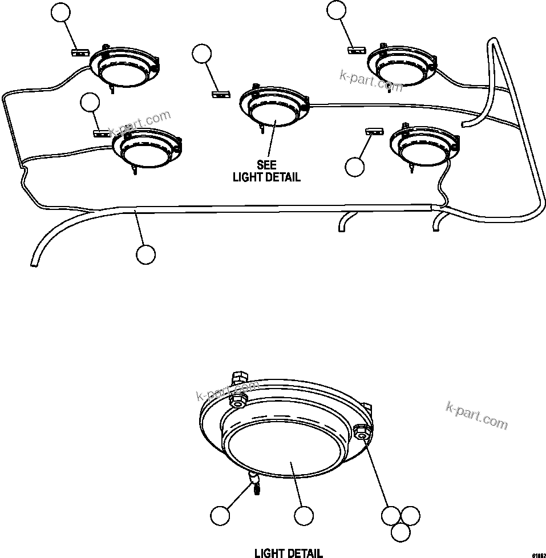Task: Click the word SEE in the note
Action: pyautogui.click(x=266, y=164)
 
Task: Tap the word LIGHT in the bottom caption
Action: pyautogui.click(x=268, y=553)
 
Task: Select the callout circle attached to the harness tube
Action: pyautogui.click(x=146, y=254)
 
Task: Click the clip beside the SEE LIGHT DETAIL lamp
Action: pyautogui.click(x=220, y=93)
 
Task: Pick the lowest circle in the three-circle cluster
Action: pyautogui.click(x=401, y=532)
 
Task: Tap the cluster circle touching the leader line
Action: pyautogui.click(x=390, y=516)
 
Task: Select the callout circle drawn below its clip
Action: pyautogui.click(x=355, y=167)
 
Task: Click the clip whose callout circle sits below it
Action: pyautogui.click(x=374, y=132)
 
